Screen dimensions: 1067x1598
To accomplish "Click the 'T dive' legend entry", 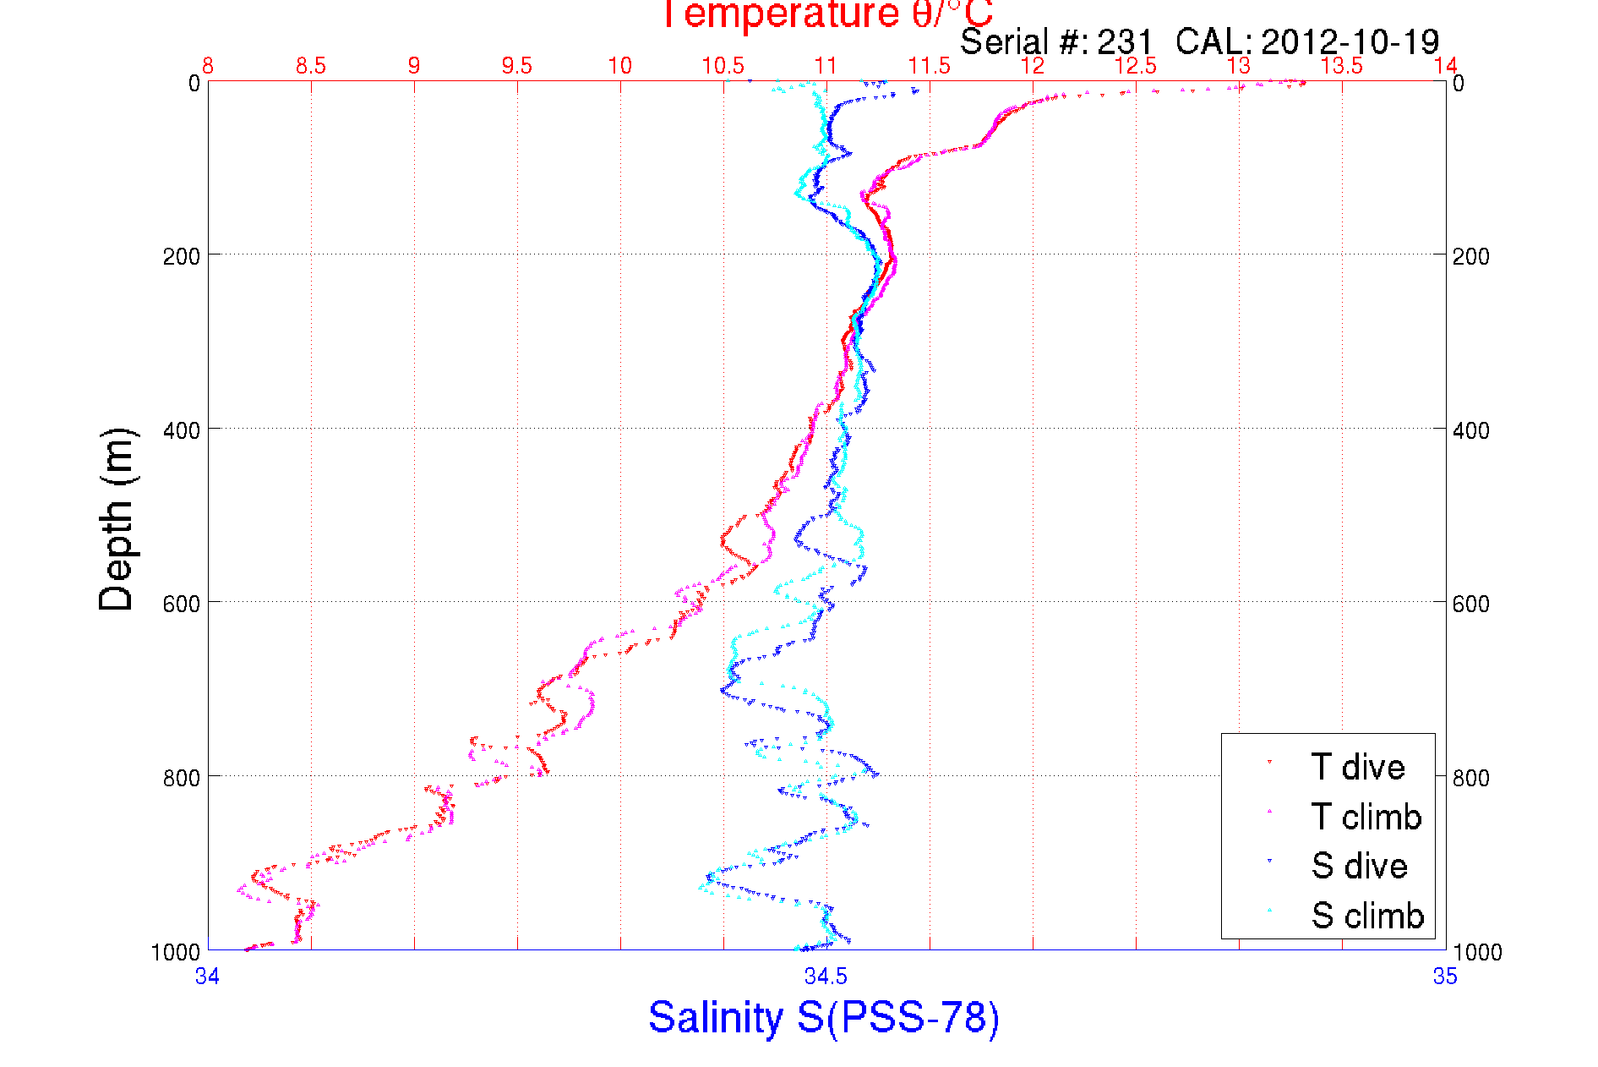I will click(x=1357, y=767).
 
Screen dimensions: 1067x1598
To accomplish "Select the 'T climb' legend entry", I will click(x=1366, y=817).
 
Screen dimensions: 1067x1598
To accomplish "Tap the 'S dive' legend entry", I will click(x=1359, y=866).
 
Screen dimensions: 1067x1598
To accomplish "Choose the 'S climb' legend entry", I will click(x=1367, y=916).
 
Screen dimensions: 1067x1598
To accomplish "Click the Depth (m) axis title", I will click(x=117, y=519).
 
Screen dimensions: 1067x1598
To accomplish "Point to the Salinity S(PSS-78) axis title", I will click(x=824, y=1017).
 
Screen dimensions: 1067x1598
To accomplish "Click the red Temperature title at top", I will click(x=826, y=14).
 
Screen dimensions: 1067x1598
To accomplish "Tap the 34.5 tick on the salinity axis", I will click(x=826, y=977).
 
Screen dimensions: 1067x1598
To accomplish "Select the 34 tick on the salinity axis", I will click(x=207, y=977).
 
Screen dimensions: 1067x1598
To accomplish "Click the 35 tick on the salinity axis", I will click(x=1445, y=977).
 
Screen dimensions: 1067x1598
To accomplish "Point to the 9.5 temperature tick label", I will click(x=517, y=66).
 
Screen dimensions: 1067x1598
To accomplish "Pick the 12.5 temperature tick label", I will click(x=1136, y=66).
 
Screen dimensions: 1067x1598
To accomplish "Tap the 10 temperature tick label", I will click(x=620, y=66).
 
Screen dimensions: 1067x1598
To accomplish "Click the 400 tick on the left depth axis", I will click(x=181, y=430).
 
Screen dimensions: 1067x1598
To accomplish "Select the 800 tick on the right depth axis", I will click(x=1471, y=778).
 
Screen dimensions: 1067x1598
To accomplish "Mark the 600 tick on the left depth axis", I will click(x=181, y=604).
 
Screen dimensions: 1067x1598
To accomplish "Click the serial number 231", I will click(x=1125, y=41).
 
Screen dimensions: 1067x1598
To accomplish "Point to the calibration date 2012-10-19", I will click(x=1350, y=41).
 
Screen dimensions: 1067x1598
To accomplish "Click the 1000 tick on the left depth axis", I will click(x=176, y=952).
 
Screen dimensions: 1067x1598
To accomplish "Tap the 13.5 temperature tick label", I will click(x=1342, y=66).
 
